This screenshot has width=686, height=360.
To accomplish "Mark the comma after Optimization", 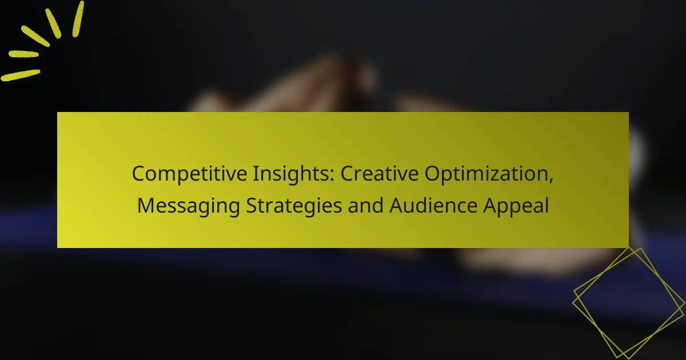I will click(551, 179).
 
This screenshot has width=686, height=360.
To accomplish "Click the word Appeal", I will click(517, 206).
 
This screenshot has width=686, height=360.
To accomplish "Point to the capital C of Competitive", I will click(138, 174).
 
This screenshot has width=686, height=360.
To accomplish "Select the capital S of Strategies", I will click(251, 205).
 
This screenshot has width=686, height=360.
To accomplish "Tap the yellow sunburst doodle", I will click(43, 40).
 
